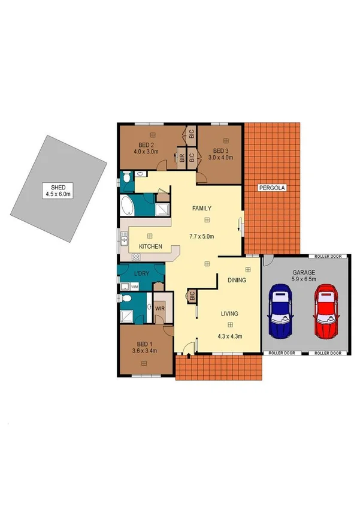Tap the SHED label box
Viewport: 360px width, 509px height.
pos(58,191)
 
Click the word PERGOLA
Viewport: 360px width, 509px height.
pos(273,188)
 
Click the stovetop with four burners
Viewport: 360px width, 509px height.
pos(135,257)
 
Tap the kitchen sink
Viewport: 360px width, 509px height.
pos(124,242)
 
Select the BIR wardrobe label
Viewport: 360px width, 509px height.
pos(181,158)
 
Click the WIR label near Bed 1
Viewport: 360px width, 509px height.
pos(160,308)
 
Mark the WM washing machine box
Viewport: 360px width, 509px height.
pos(135,288)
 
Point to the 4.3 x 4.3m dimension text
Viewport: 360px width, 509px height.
pos(229,336)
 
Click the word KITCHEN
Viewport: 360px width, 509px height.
pos(152,246)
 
